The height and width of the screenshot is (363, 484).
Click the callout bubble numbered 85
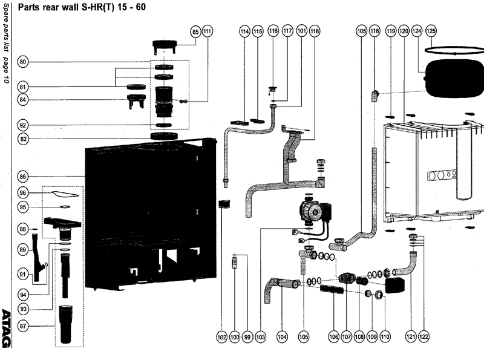pyautogui.click(x=195, y=31)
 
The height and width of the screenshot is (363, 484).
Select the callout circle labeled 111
pyautogui.click(x=208, y=31)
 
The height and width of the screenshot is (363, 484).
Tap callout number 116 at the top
pyautogui.click(x=273, y=31)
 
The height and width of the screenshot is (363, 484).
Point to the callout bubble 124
pyautogui.click(x=417, y=31)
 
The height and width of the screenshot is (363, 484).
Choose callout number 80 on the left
pyautogui.click(x=23, y=62)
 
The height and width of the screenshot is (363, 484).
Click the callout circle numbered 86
pyautogui.click(x=23, y=177)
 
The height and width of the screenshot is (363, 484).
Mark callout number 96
pyautogui.click(x=23, y=193)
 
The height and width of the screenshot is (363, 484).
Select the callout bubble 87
pyautogui.click(x=23, y=326)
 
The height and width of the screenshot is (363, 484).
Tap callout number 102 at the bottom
pyautogui.click(x=222, y=337)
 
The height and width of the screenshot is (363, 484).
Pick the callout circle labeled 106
pyautogui.click(x=334, y=337)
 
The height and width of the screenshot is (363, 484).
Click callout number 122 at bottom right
pyautogui.click(x=424, y=337)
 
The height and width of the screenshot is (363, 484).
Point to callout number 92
pyautogui.click(x=23, y=125)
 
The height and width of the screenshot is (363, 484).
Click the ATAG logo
pyautogui.click(x=6, y=328)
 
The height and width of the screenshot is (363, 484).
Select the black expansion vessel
pyautogui.click(x=454, y=77)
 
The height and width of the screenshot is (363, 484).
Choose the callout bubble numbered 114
pyautogui.click(x=244, y=31)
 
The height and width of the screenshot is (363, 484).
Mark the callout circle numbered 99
pyautogui.click(x=247, y=337)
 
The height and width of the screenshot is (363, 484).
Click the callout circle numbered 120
pyautogui.click(x=404, y=31)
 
